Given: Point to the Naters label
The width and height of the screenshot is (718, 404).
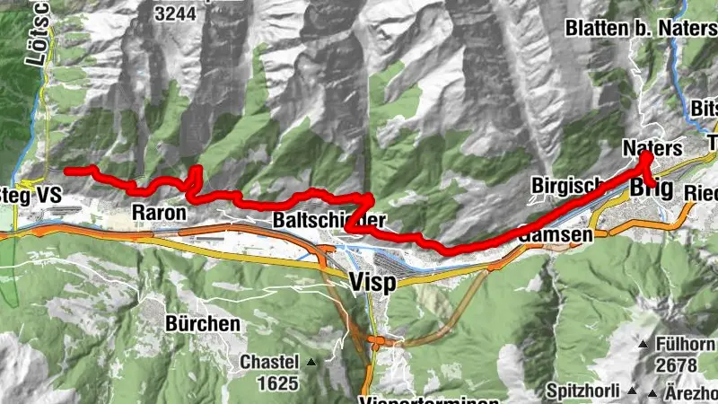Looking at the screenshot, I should (x=652, y=147).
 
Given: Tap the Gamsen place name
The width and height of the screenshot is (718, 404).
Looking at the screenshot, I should (x=556, y=234).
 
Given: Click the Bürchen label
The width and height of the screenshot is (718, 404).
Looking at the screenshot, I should (x=203, y=323).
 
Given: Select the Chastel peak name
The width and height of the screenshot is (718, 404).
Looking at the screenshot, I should (x=268, y=363).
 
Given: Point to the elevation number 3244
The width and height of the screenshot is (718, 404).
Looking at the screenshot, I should (x=176, y=13).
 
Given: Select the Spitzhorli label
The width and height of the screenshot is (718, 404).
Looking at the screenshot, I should (x=583, y=392).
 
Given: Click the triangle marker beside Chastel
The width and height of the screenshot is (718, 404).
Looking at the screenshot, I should (x=311, y=363).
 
